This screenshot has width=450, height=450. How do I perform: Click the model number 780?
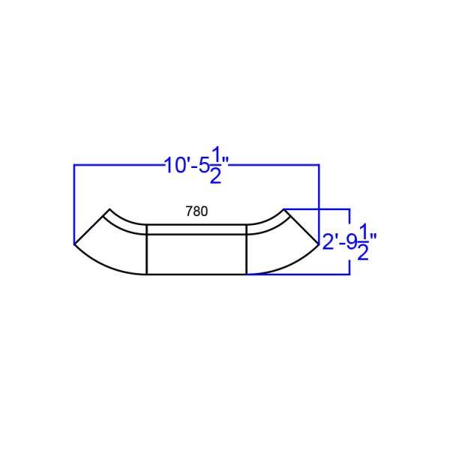click(196, 211)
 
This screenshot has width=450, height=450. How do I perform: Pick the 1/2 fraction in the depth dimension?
click(364, 241)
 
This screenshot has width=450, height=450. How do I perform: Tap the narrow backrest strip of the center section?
click(196, 229)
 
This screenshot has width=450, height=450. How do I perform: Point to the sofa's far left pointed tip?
click(74, 244)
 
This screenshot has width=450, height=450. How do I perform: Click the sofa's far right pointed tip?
click(319, 244)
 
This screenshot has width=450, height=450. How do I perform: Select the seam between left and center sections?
click(145, 250)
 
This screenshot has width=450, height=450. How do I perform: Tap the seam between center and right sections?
click(247, 250)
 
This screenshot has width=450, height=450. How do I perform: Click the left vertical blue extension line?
click(73, 202)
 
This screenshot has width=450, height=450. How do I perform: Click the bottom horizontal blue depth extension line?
click(300, 274)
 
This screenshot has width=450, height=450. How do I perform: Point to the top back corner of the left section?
click(109, 208)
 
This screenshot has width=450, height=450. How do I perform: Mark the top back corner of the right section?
click(284, 208)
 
